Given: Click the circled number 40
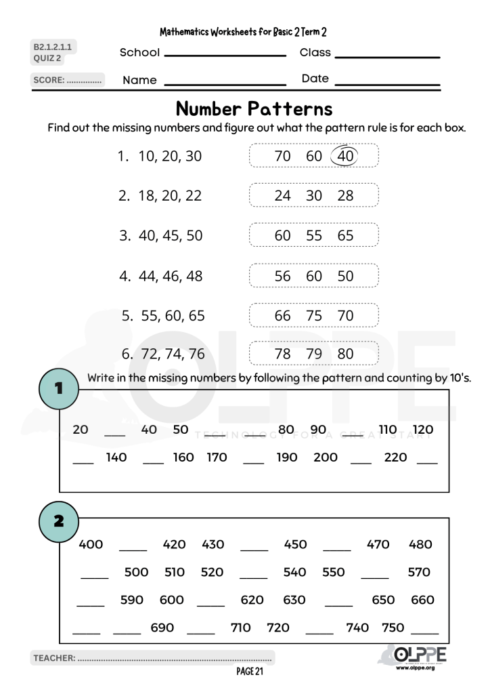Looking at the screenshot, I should (x=345, y=156).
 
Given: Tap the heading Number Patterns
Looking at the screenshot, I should (x=254, y=108).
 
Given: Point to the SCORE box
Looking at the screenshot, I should (x=68, y=80).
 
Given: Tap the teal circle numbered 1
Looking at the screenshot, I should (x=59, y=388).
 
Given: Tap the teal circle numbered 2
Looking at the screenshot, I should (x=59, y=521).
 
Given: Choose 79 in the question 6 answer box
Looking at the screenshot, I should (x=314, y=354).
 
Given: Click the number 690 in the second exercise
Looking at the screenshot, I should (x=162, y=628).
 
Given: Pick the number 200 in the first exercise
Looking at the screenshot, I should (x=326, y=457).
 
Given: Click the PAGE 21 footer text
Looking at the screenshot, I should (x=250, y=672).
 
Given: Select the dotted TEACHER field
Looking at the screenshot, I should (x=152, y=657).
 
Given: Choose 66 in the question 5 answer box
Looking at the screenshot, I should (x=282, y=316).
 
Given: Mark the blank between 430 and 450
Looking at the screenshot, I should (x=254, y=548).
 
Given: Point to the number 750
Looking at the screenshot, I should (x=393, y=628).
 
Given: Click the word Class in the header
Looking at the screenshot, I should (x=315, y=52).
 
